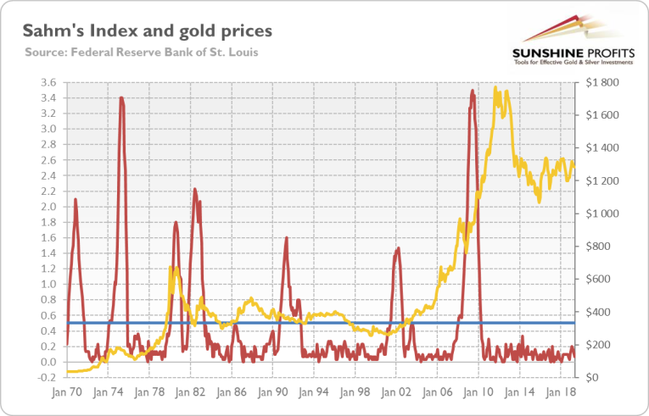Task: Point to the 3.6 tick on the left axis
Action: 48,82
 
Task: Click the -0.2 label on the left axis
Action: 46,378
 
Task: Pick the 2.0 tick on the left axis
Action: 48,207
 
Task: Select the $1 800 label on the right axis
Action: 600,82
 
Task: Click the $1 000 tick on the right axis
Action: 600,214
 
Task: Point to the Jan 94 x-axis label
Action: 313,393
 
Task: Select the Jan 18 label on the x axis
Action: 560,393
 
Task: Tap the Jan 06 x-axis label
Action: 437,393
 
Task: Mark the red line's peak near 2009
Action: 472,90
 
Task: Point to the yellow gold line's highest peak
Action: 495,86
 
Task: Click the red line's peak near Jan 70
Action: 76,199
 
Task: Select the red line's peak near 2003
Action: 397,247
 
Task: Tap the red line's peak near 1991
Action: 287,238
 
